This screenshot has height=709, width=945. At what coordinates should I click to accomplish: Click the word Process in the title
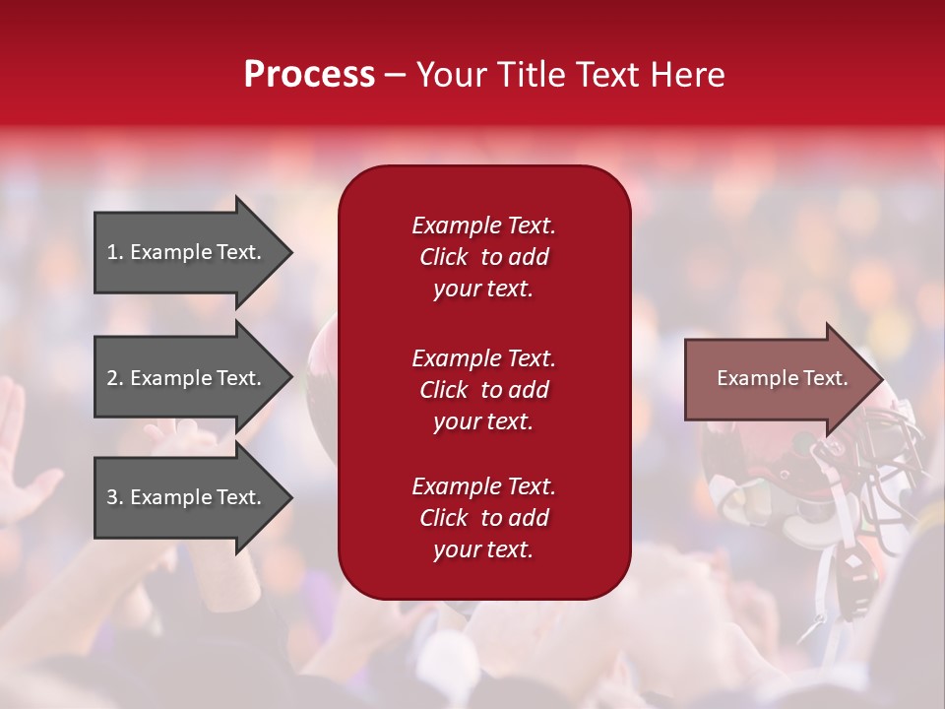tap(309, 75)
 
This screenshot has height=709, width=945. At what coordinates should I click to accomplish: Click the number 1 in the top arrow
tap(112, 252)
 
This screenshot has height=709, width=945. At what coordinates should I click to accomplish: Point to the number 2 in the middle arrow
tap(112, 378)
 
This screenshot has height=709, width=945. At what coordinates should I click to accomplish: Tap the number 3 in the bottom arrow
tap(112, 497)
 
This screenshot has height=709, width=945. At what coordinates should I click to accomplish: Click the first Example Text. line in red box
tap(483, 226)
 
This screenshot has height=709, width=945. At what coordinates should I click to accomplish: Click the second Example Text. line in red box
tap(483, 358)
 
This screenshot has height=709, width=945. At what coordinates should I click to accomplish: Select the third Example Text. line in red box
tap(483, 486)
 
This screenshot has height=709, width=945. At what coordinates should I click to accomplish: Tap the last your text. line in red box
tap(483, 550)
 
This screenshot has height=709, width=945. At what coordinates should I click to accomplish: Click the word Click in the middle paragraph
tap(444, 390)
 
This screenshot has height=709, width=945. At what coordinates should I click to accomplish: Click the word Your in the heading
tap(453, 75)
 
